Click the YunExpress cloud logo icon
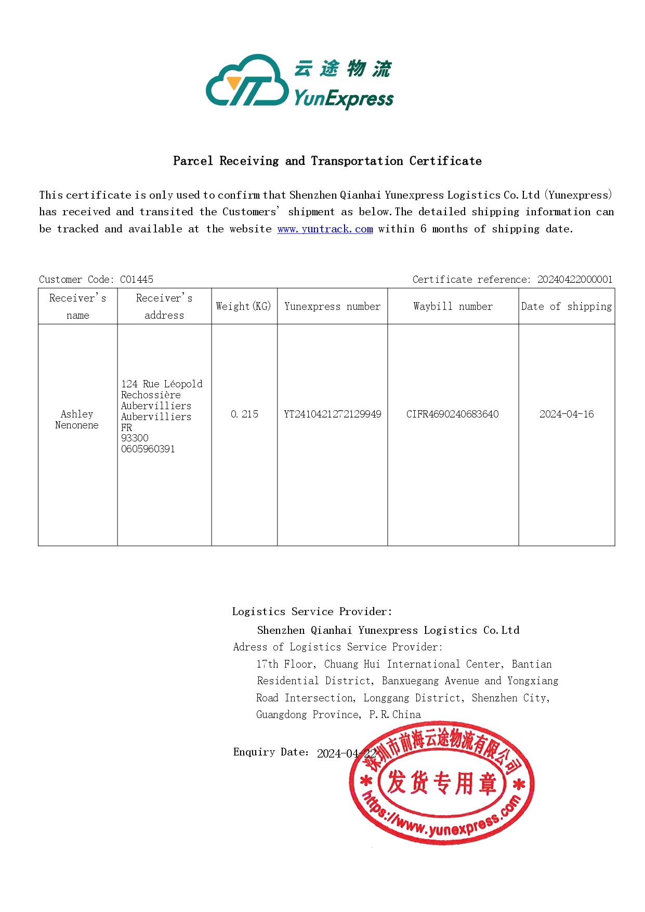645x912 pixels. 247,82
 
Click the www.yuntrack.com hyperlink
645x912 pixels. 325,229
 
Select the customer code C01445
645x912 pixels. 137,279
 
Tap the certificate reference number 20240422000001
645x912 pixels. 575,279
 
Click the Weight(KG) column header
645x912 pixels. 244,306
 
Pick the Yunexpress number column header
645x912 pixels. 332,306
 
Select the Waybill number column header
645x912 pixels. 453,306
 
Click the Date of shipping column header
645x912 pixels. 567,306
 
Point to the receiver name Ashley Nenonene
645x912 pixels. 77,419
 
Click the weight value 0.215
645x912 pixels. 244,414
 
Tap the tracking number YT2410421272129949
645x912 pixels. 332,414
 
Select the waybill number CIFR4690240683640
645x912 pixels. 452,414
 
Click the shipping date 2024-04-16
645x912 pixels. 567,414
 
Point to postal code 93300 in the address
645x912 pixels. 135,438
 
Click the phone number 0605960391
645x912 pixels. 148,449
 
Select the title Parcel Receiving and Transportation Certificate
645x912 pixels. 327,161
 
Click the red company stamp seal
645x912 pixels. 442,783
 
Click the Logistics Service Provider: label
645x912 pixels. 312,611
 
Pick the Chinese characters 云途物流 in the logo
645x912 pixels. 343,68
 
